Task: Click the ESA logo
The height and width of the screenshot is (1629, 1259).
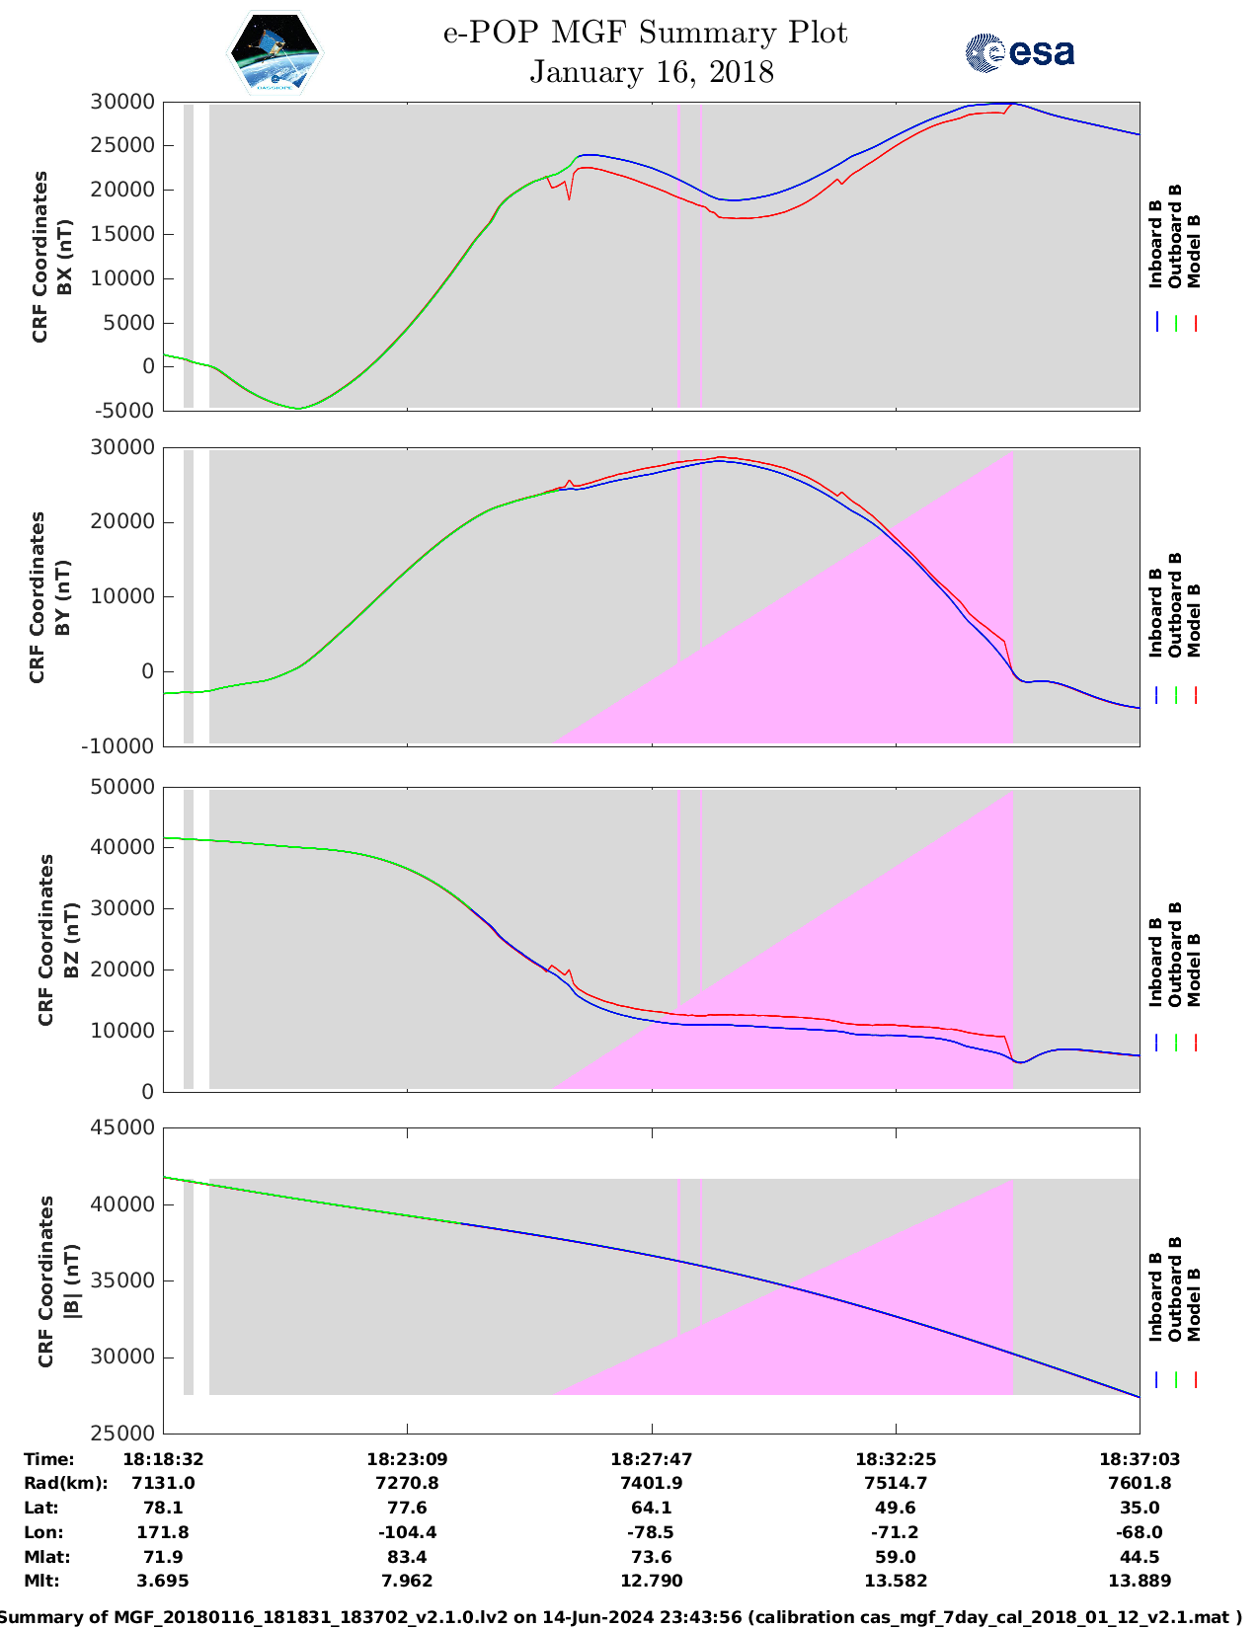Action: pos(1019,52)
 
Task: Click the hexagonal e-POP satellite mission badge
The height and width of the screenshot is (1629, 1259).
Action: pos(275,52)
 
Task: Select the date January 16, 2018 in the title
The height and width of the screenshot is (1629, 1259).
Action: pos(652,72)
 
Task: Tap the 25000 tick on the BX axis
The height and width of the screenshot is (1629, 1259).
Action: pos(122,145)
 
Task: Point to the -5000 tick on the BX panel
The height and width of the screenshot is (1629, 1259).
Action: pos(124,411)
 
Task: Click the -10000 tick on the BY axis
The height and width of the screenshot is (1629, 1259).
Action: pos(118,746)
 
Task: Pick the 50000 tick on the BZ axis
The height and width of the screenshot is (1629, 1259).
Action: pos(122,787)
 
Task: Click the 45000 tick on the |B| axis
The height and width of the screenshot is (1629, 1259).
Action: pos(122,1127)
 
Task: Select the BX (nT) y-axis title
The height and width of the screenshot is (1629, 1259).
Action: pos(65,257)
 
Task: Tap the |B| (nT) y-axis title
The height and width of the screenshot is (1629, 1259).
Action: pos(71,1280)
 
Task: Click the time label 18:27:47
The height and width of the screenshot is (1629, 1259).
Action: pos(652,1459)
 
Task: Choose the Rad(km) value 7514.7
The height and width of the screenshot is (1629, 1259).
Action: pos(896,1483)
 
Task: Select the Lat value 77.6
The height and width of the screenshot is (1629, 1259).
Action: pos(407,1508)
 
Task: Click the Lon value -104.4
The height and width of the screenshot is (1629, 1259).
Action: pos(407,1532)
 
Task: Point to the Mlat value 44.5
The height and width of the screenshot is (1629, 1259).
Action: pos(1140,1557)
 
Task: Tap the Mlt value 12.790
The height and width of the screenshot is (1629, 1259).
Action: pos(652,1581)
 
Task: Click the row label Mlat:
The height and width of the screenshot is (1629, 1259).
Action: pos(46,1557)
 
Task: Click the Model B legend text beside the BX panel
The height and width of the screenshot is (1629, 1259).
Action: pos(1194,252)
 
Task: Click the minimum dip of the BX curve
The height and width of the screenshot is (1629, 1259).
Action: pos(298,408)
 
